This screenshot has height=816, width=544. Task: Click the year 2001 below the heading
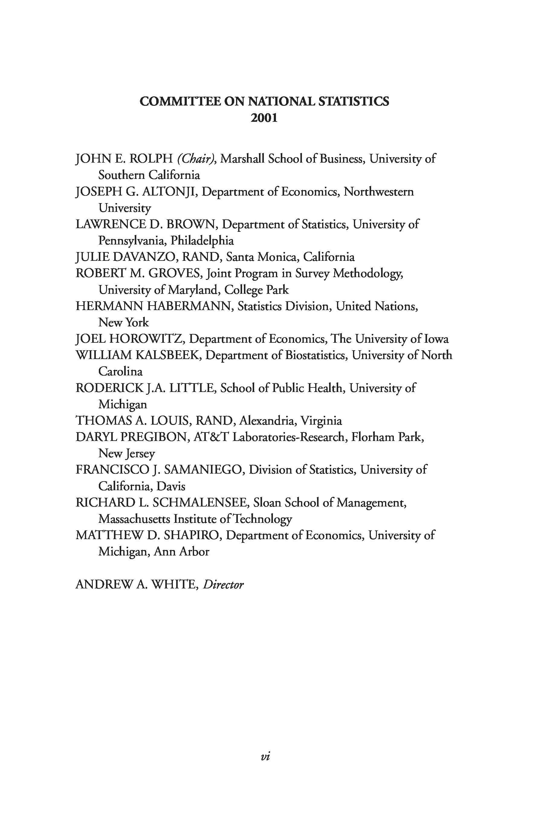264,118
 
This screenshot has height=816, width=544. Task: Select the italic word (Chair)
196,159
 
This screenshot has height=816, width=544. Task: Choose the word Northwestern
378,192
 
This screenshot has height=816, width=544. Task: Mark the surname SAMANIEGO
204,470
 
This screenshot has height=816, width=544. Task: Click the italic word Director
223,584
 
